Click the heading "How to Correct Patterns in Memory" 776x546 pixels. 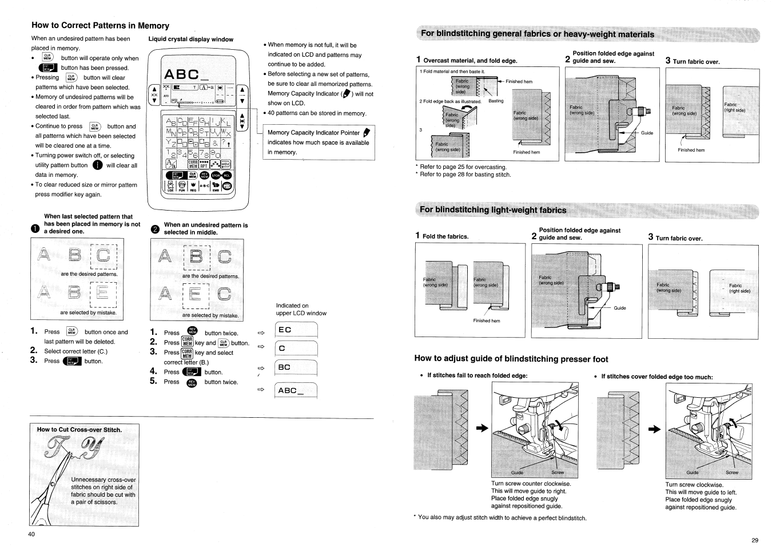click(100, 26)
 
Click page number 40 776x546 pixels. click(31, 534)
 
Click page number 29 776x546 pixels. click(755, 540)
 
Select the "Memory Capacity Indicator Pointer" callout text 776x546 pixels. click(313, 133)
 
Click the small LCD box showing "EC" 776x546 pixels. click(296, 330)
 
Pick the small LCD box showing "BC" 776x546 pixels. click(296, 367)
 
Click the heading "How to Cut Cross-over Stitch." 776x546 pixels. click(79, 430)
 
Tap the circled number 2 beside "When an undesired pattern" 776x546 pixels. click(154, 229)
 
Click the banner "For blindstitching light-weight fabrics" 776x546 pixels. click(492, 210)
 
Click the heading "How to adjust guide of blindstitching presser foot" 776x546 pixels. click(511, 359)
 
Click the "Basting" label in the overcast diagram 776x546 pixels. click(496, 101)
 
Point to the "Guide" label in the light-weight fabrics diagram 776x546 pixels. click(619, 308)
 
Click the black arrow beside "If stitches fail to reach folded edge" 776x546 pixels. click(483, 428)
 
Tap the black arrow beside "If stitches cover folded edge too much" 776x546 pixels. click(653, 429)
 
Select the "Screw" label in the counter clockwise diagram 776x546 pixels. click(557, 473)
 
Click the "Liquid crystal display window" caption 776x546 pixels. click(190, 39)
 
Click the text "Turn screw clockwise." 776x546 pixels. click(694, 484)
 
